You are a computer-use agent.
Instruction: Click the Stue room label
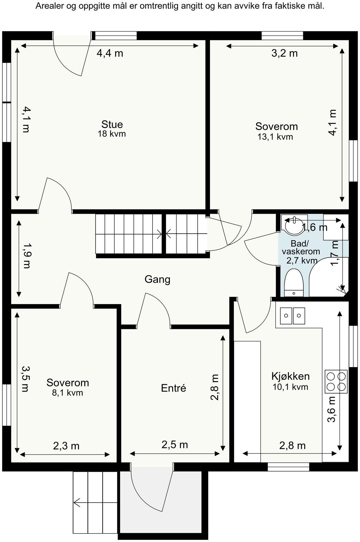[x=112, y=124]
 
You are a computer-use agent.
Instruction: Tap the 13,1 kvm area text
[x=275, y=137]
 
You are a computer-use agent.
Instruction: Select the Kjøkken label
[x=290, y=376]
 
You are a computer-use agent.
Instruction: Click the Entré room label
[x=174, y=388]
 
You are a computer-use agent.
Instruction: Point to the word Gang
[x=157, y=279]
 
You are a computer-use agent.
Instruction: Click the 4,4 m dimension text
[x=110, y=54]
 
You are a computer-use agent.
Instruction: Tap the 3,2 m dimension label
[x=284, y=54]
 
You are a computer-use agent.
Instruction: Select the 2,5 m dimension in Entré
[x=175, y=444]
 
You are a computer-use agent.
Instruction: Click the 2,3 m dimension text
[x=66, y=446]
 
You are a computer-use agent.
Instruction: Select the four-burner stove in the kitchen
[x=336, y=382]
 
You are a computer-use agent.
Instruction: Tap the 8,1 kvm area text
[x=67, y=393]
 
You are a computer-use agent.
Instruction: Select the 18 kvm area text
[x=111, y=134]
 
